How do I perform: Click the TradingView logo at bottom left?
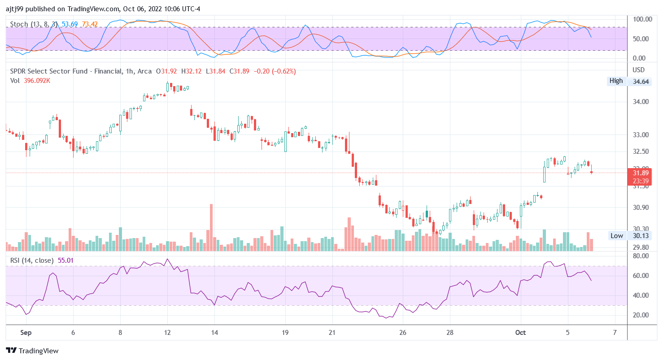[32, 351]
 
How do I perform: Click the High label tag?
[616, 81]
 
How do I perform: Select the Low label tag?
[616, 235]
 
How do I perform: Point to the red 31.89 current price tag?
[641, 173]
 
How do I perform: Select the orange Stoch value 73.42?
[90, 24]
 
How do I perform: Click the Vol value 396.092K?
[37, 81]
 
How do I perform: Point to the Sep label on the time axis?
[26, 333]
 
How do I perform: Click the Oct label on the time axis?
[520, 333]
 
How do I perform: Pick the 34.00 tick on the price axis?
[641, 102]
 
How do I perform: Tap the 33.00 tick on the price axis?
[641, 135]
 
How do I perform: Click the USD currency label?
[638, 70]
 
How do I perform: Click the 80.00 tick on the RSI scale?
[641, 256]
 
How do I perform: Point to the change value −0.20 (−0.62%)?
[275, 71]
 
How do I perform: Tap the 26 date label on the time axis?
[402, 333]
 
